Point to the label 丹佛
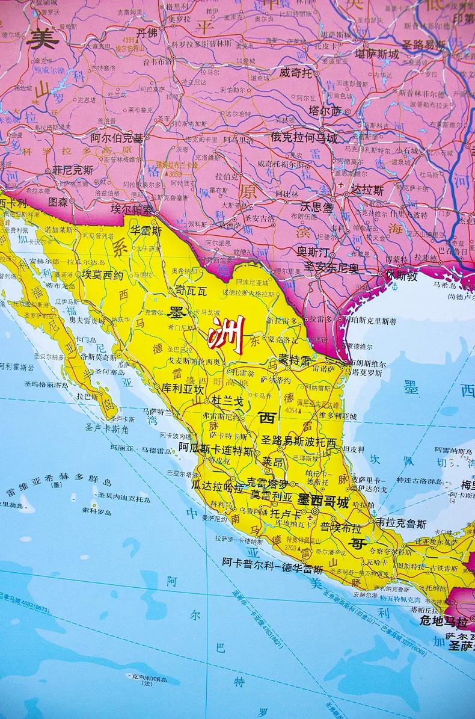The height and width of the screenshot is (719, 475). [147, 33]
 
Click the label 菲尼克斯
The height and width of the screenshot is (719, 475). [72, 170]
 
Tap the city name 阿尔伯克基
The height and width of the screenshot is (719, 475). [117, 137]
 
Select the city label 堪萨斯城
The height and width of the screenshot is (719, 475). [376, 54]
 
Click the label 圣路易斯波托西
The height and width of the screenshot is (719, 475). [299, 441]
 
